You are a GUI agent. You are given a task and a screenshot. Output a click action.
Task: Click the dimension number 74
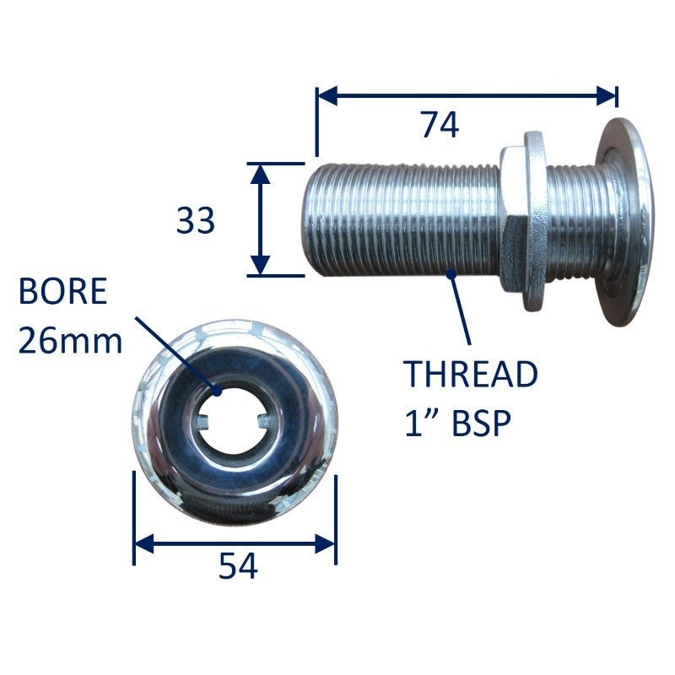tap(440, 125)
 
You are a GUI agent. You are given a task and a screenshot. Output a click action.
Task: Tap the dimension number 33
tap(195, 220)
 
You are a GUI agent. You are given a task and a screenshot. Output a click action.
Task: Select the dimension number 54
tap(238, 566)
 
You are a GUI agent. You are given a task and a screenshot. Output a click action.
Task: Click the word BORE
tap(62, 291)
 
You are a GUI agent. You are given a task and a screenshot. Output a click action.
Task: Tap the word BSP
tap(482, 424)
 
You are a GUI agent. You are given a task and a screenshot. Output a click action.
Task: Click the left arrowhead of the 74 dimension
tap(327, 95)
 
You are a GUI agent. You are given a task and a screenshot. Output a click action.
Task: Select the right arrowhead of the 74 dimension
tap(607, 95)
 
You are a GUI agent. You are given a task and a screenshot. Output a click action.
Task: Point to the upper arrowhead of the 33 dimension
tap(260, 174)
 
